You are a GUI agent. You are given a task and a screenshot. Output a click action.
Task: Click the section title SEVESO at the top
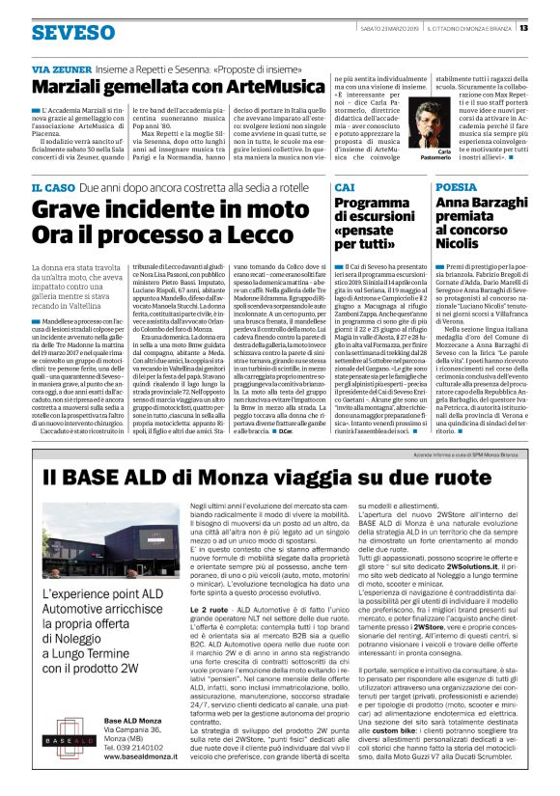click(72, 32)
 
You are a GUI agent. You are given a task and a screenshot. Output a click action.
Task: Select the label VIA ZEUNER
click(57, 70)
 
